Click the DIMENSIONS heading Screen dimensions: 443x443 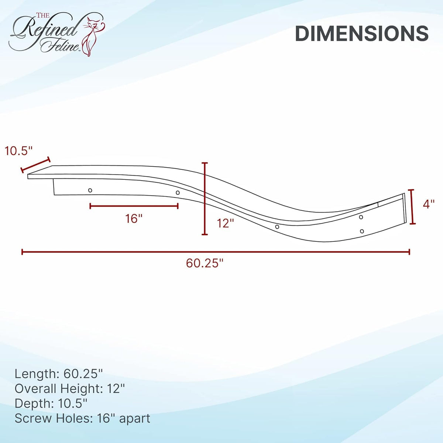[x=362, y=34]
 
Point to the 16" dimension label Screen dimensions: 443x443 [x=134, y=218]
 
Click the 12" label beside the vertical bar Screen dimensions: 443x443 [x=226, y=223]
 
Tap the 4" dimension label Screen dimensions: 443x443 [x=429, y=204]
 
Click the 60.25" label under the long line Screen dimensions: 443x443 [x=205, y=263]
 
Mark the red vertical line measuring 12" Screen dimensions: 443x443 [x=205, y=199]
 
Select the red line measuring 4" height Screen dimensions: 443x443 [x=412, y=207]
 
